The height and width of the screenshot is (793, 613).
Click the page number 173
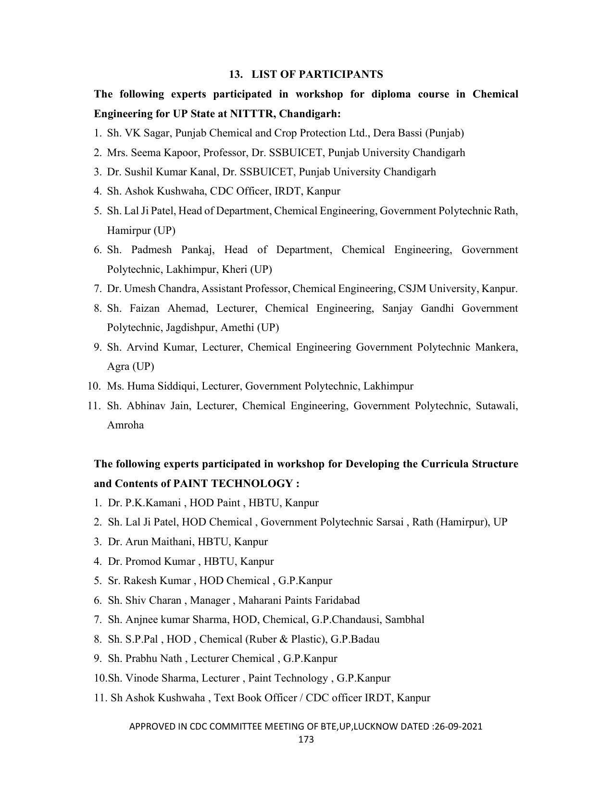(306, 739)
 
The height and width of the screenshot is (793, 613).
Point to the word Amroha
(125, 425)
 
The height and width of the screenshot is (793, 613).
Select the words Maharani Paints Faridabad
(299, 600)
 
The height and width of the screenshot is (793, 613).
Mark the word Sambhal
(405, 620)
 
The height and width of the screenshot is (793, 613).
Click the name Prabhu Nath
(154, 659)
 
